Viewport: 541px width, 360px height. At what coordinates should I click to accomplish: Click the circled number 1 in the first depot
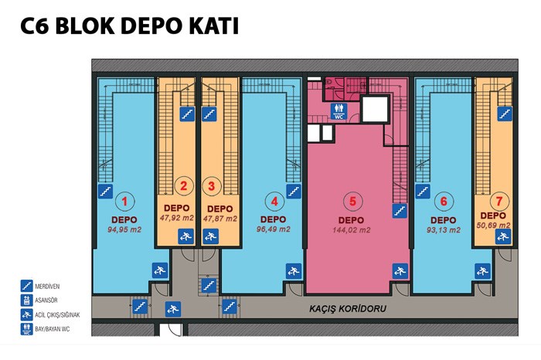click(x=124, y=201)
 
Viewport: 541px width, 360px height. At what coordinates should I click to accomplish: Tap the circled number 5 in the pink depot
click(x=352, y=201)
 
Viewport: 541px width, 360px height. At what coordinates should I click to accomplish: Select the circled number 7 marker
click(x=499, y=201)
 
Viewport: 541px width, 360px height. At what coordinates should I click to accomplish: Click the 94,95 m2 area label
click(x=124, y=229)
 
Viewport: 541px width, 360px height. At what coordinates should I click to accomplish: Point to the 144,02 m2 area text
click(x=352, y=230)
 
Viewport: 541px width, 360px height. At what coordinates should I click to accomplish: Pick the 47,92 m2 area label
click(x=177, y=218)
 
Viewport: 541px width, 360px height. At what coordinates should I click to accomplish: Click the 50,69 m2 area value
click(x=493, y=225)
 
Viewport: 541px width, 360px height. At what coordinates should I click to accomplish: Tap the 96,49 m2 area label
click(x=274, y=229)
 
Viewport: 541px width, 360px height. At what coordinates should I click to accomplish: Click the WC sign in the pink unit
click(x=339, y=111)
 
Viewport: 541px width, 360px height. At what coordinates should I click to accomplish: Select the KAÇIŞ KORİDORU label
click(x=348, y=308)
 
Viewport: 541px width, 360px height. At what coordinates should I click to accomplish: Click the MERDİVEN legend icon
click(x=26, y=286)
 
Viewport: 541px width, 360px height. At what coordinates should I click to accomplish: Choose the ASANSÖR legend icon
click(x=26, y=301)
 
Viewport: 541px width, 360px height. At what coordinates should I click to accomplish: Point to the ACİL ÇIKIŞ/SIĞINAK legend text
click(x=57, y=315)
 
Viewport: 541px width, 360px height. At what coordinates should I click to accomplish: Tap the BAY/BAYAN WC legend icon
click(x=26, y=329)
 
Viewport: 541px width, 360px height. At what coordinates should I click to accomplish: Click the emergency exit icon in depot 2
click(x=186, y=236)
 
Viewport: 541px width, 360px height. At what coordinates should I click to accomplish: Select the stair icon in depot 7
click(x=505, y=114)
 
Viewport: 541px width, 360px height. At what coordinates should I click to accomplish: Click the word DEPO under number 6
click(x=444, y=219)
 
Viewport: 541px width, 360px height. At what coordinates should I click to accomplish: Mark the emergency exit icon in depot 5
click(x=400, y=271)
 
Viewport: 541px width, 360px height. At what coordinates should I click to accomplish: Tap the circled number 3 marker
click(x=211, y=186)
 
